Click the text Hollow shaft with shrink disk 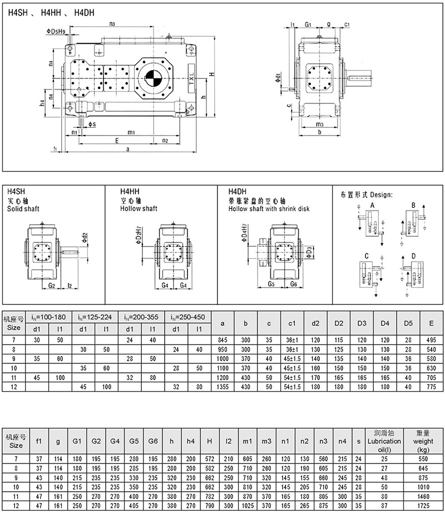pos(269,209)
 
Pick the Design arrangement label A pos(371,205)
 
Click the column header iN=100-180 pos(51,317)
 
